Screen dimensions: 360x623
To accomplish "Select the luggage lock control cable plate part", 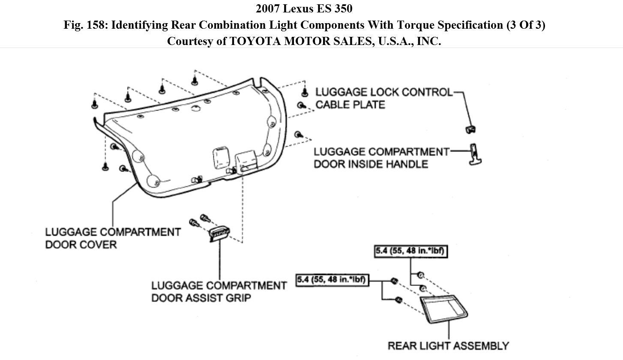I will click(x=470, y=129).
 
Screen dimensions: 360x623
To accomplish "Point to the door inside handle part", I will click(x=474, y=155).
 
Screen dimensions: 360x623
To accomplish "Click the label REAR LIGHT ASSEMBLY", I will click(x=448, y=345).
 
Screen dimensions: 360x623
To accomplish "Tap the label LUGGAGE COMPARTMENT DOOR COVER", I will click(x=113, y=238).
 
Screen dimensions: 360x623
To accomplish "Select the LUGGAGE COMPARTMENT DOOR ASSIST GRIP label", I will click(x=219, y=291).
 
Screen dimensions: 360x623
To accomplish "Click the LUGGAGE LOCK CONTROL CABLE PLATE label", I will click(x=384, y=98).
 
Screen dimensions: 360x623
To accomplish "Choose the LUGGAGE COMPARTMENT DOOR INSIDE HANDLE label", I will click(x=381, y=158).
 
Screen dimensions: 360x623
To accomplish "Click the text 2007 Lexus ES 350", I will click(x=304, y=9).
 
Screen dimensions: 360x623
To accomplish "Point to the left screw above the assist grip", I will click(x=194, y=222).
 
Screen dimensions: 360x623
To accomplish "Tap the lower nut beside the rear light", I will click(x=398, y=300).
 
